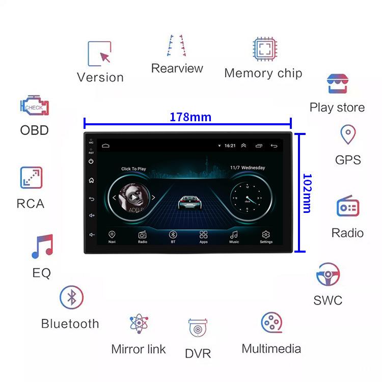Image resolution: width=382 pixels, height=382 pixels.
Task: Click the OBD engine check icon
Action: [x=35, y=106]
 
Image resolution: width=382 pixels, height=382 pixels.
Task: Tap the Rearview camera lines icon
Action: [x=177, y=46]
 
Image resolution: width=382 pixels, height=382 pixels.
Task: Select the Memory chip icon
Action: [x=263, y=49]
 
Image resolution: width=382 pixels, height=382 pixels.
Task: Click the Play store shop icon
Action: [x=337, y=84]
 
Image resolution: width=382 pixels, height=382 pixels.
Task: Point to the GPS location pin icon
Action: [x=347, y=135]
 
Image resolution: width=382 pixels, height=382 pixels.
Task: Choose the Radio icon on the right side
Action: [x=347, y=207]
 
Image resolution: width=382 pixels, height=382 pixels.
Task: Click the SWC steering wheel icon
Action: [x=328, y=275]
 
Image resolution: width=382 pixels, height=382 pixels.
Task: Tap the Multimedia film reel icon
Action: [x=271, y=323]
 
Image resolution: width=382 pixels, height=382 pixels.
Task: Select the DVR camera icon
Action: [x=198, y=329]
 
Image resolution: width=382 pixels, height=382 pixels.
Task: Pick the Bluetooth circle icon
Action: [x=71, y=297]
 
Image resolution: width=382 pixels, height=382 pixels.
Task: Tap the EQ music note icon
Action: [x=42, y=247]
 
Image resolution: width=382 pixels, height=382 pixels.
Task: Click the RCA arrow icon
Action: [x=31, y=178]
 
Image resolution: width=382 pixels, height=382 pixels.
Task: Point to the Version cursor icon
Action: [x=100, y=53]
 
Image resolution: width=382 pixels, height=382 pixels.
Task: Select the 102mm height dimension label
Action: [x=307, y=193]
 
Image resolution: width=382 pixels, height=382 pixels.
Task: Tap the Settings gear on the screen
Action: [x=265, y=235]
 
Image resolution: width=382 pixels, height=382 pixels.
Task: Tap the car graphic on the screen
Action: [x=188, y=202]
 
